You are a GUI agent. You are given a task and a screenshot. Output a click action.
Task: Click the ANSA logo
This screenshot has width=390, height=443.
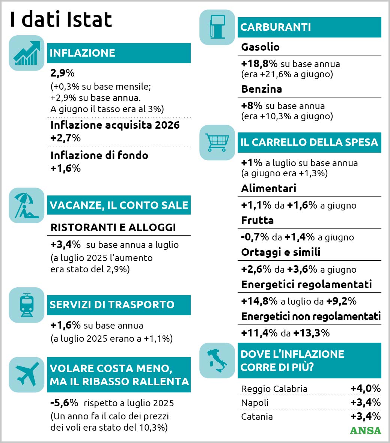[365, 430]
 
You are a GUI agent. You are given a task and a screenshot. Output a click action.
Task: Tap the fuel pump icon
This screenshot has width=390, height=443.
[217, 27]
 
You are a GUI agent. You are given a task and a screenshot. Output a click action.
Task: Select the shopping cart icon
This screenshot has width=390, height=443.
[217, 143]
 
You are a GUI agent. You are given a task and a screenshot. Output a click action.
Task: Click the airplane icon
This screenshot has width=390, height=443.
[27, 375]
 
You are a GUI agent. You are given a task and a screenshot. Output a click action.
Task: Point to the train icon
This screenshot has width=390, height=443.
[27, 305]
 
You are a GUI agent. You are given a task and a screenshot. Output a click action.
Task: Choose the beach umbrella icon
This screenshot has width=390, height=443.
[27, 206]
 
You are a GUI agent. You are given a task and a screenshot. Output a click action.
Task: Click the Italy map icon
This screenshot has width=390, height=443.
[217, 360]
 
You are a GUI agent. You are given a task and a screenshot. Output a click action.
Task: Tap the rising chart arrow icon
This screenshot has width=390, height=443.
[27, 53]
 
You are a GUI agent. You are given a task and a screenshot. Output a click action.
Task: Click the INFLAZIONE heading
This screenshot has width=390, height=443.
[82, 53]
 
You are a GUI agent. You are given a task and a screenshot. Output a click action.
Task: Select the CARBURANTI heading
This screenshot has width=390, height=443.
[276, 27]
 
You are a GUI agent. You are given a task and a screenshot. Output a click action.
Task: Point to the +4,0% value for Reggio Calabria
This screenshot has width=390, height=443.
[366, 389]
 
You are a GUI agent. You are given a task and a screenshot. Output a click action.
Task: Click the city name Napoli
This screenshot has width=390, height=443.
[255, 402]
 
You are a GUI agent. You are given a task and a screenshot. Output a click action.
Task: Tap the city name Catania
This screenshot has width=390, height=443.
[257, 416]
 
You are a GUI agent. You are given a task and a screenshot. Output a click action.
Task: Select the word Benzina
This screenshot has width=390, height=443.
[262, 89]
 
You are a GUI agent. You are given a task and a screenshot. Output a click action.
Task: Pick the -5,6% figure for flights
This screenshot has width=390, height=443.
[64, 402]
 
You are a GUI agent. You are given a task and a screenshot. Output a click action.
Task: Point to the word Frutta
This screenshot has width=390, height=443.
[257, 220]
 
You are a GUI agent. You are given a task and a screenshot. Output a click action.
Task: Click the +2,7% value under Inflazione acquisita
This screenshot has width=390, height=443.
[66, 138]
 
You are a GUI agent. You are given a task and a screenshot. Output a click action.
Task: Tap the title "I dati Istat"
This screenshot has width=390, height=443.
[61, 19]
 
